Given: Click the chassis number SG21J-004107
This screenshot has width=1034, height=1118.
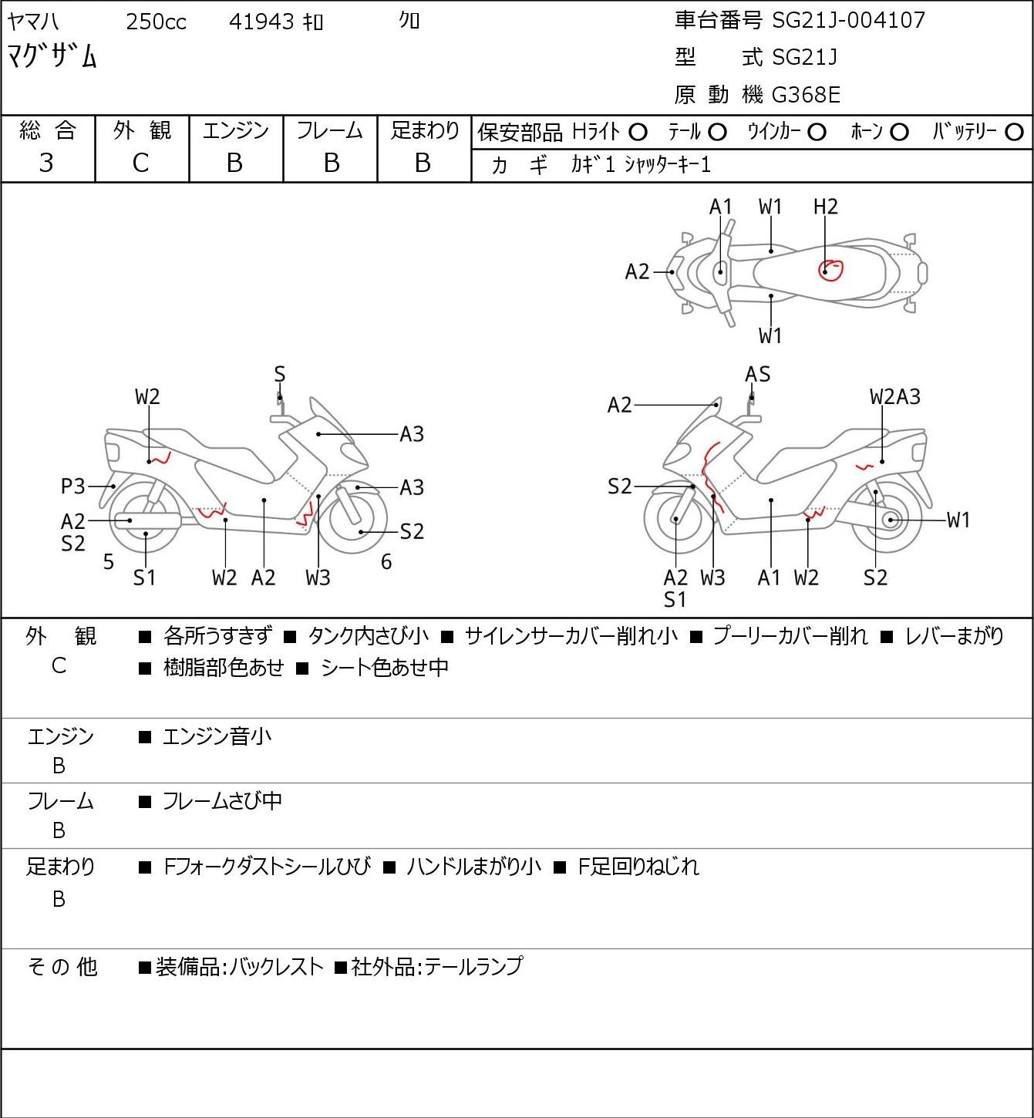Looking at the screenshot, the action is click(848, 21).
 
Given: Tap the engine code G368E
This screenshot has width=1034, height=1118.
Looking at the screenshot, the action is click(805, 95).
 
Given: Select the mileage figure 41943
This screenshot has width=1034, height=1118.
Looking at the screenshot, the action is click(261, 22).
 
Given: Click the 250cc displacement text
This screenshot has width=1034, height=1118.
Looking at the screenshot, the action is click(156, 22).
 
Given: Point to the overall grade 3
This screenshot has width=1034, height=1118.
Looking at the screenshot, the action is click(46, 163).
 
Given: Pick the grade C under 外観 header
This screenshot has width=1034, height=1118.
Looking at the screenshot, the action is click(140, 163).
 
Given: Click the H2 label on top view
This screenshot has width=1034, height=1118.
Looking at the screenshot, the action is click(825, 207).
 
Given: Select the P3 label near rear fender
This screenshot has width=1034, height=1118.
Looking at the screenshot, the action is click(72, 486).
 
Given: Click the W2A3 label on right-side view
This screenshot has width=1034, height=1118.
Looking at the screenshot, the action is click(895, 397).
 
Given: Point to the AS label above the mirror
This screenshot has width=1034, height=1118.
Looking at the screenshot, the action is click(757, 375).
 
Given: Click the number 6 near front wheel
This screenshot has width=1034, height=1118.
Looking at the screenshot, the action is click(386, 562).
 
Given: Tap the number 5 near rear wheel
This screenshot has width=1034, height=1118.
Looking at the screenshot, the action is click(109, 562).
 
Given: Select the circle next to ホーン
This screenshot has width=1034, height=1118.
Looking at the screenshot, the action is click(899, 133).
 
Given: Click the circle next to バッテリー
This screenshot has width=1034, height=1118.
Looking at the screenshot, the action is click(1014, 133).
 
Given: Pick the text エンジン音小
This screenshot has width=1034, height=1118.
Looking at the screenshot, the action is click(217, 736).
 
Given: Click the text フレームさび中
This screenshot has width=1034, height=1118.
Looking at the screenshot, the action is click(222, 801).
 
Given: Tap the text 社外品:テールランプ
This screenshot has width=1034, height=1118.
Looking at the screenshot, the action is click(437, 967).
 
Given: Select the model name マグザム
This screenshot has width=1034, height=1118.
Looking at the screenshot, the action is click(52, 56).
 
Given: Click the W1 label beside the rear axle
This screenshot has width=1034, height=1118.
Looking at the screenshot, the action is click(958, 520).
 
